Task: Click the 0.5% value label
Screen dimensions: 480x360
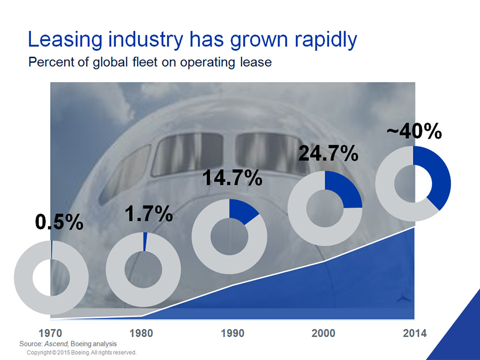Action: (59, 222)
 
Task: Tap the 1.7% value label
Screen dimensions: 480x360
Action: (148, 214)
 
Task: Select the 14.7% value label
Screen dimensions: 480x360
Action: (233, 178)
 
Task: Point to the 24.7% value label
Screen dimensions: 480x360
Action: (328, 153)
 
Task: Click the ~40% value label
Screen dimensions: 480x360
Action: (414, 131)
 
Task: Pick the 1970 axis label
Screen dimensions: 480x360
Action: (50, 333)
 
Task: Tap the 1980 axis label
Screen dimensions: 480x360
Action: (141, 333)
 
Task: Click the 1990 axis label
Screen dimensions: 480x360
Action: (233, 333)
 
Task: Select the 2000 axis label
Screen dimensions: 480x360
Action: (323, 333)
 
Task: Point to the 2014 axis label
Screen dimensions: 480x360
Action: (414, 333)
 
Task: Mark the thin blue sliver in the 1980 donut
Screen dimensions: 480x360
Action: (145, 242)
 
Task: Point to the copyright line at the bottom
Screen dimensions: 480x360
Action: (82, 353)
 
